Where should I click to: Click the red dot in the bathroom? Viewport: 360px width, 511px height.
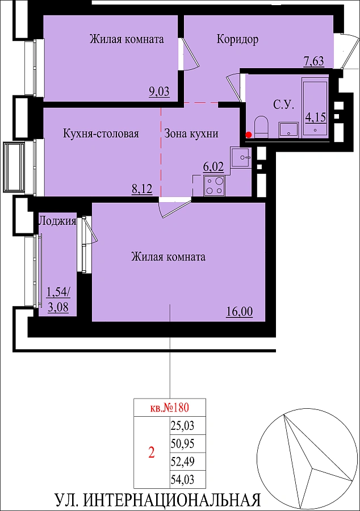pyautogui.click(x=249, y=135)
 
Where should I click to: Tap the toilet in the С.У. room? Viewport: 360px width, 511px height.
pyautogui.click(x=261, y=127)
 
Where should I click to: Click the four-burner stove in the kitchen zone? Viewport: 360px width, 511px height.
pyautogui.click(x=215, y=186)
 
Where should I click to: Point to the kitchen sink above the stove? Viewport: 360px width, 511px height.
pyautogui.click(x=241, y=157)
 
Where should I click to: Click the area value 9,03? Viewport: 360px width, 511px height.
pyautogui.click(x=160, y=91)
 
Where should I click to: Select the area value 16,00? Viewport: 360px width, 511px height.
pyautogui.click(x=240, y=312)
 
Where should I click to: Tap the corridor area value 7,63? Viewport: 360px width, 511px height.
pyautogui.click(x=314, y=61)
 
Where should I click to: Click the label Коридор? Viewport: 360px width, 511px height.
pyautogui.click(x=237, y=39)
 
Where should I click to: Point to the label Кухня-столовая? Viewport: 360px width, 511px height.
pyautogui.click(x=101, y=133)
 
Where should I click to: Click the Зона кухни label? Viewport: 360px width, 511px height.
pyautogui.click(x=191, y=133)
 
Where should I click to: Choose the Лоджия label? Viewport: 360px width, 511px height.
pyautogui.click(x=57, y=221)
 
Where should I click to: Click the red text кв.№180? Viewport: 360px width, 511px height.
pyautogui.click(x=169, y=407)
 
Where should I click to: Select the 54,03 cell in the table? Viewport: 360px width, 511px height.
pyautogui.click(x=182, y=479)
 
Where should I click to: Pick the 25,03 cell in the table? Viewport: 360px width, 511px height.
pyautogui.click(x=182, y=425)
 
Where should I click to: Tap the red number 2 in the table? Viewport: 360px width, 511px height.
pyautogui.click(x=152, y=453)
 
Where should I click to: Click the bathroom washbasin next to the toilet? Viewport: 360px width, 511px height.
pyautogui.click(x=288, y=129)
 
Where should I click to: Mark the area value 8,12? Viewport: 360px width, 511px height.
pyautogui.click(x=142, y=189)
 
